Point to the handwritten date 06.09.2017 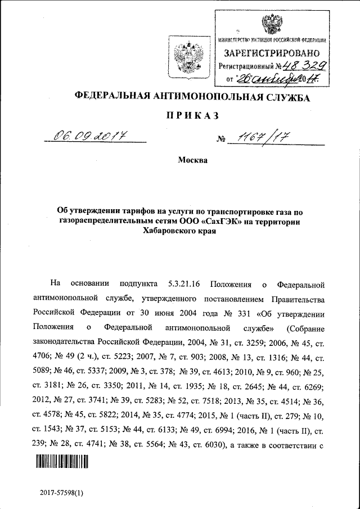click(x=89, y=136)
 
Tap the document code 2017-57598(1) click(x=61, y=493)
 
